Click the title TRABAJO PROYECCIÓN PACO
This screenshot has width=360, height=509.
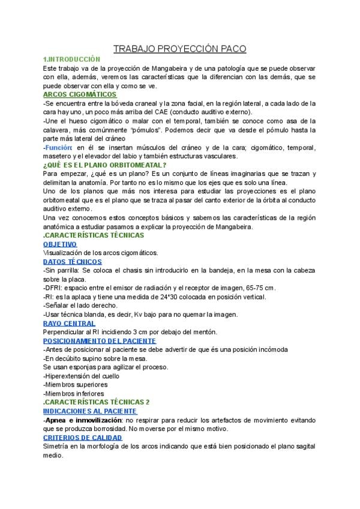180,49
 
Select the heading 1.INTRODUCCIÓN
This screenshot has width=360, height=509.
71,59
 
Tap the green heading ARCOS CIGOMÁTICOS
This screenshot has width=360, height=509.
80,95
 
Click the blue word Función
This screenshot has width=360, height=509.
59,147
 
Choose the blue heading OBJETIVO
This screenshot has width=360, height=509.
60,244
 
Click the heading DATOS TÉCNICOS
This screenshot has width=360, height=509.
73,262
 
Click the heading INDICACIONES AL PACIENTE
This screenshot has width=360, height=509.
91,411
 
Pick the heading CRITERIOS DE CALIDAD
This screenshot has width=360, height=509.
83,438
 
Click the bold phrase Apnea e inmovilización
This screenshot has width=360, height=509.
82,420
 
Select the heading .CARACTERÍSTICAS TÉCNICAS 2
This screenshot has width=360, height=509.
97,402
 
